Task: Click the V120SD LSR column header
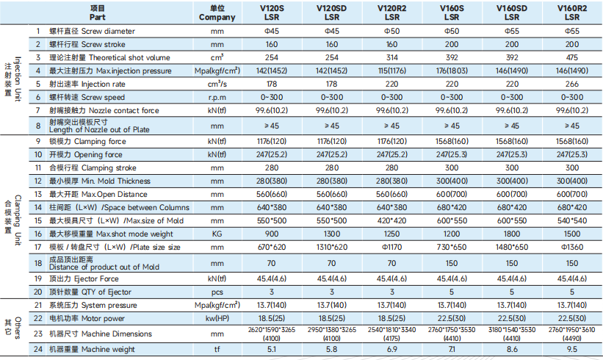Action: click(x=331, y=12)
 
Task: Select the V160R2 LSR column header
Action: click(x=572, y=12)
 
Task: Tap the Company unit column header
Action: click(x=217, y=12)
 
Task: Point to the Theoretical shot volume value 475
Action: click(x=572, y=57)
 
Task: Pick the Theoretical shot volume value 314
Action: click(x=391, y=57)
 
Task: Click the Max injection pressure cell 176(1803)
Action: click(x=452, y=71)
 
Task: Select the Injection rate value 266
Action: click(x=572, y=84)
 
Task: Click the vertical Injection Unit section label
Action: click(x=12, y=79)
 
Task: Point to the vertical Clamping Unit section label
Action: click(x=12, y=220)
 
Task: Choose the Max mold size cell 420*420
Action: click(x=391, y=220)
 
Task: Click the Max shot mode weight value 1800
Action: click(x=511, y=234)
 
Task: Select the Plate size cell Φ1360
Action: click(x=572, y=248)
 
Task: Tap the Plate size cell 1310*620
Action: click(x=331, y=248)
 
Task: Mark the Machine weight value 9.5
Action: click(x=572, y=349)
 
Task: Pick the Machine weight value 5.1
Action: click(x=272, y=349)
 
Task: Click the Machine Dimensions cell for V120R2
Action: click(x=391, y=334)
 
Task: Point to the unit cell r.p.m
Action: click(x=217, y=97)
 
